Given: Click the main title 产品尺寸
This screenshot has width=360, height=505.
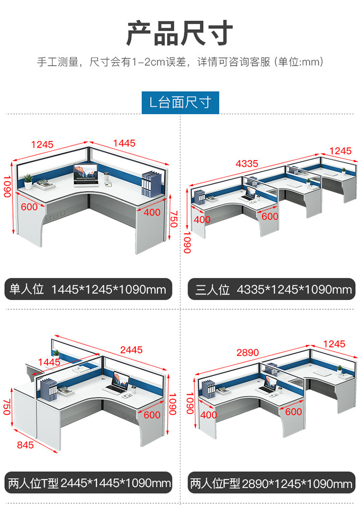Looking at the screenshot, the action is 180,33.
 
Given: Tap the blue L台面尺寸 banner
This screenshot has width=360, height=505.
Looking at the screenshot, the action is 180,103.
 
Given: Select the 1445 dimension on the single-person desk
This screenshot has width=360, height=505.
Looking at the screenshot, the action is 124,143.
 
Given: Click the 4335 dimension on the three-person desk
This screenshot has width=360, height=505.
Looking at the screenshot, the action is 247,164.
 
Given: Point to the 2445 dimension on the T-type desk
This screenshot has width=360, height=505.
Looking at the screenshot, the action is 131,350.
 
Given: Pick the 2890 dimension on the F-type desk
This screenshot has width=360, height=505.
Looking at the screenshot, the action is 248,352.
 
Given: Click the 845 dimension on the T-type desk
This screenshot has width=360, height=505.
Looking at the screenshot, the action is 25,445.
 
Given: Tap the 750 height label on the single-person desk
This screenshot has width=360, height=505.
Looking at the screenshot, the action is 174,219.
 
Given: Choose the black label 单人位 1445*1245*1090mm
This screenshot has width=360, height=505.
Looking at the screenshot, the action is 88,289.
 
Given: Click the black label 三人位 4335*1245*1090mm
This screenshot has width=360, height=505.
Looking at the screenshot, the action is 271,289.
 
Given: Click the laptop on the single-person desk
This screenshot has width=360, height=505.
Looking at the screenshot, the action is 86,175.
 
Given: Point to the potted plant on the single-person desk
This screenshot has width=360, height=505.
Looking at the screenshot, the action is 28,181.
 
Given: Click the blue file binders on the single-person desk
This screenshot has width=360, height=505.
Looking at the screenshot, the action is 151,184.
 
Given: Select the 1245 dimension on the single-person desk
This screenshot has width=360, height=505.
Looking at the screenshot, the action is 42,145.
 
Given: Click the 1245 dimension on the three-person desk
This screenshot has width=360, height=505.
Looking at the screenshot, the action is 340,151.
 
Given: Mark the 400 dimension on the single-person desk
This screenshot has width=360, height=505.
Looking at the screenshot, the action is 152,212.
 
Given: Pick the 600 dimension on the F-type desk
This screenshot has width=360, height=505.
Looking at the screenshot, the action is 293,411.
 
